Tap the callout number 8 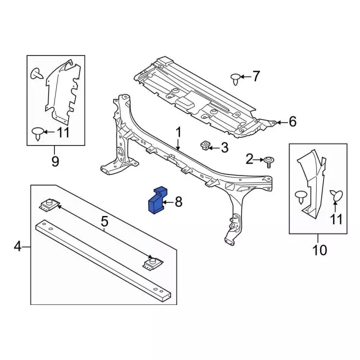point(178,202)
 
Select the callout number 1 point(178,133)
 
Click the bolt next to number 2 point(269,161)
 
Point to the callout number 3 point(224,148)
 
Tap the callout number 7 point(256,76)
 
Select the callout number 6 point(292,121)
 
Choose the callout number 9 point(55,162)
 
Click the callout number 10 point(319,250)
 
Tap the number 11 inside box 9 point(62,133)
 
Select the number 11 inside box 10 point(336,219)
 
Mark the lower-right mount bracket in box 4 point(150,262)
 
